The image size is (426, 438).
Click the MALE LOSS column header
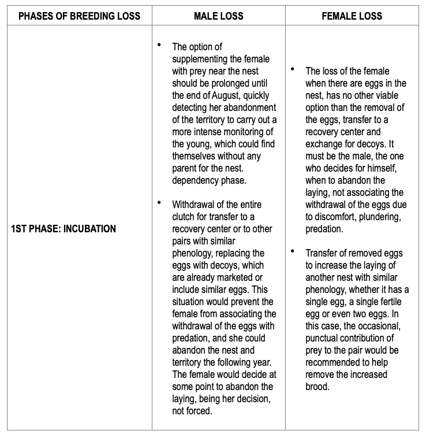219,16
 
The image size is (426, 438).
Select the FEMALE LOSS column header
352,16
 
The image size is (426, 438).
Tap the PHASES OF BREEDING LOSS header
80,16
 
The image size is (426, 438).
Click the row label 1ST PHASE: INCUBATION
63,229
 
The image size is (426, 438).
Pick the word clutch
184,217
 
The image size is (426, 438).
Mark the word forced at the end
201,410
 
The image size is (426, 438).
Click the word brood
317,387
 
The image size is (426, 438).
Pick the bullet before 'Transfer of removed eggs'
293,252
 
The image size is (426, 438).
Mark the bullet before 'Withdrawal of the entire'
159,203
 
